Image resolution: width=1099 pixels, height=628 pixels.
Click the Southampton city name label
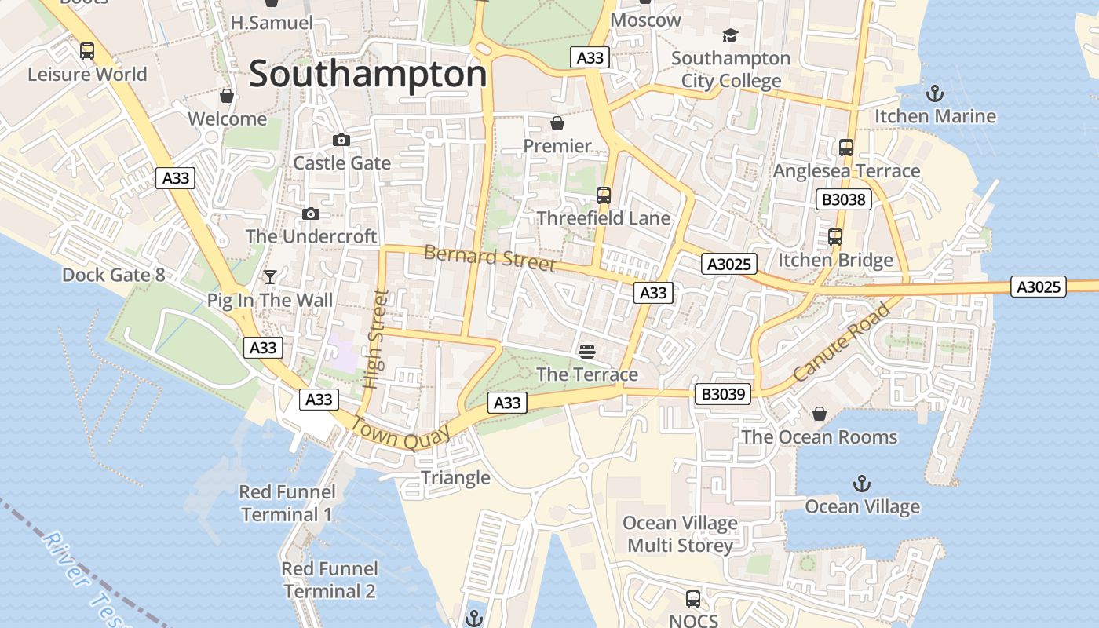[367, 75]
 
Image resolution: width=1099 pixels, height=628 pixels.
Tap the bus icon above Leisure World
[87, 51]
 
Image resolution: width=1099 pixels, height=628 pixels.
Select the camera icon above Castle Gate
[341, 140]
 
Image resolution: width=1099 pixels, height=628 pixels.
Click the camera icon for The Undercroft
[311, 214]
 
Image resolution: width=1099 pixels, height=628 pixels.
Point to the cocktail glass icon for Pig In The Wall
[270, 276]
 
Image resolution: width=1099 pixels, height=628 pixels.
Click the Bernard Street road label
[490, 257]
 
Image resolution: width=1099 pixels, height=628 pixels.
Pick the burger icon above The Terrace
[587, 351]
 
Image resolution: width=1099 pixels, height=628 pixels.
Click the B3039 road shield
[723, 394]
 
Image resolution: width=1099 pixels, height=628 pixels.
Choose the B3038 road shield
[844, 199]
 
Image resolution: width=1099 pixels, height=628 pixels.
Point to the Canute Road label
[842, 342]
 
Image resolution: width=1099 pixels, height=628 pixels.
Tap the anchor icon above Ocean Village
[862, 483]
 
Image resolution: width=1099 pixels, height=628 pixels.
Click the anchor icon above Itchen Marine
[934, 93]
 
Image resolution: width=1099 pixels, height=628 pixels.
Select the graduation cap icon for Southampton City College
[730, 35]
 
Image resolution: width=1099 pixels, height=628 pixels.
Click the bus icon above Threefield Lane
[603, 195]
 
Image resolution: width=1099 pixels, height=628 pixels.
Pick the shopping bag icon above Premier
[557, 123]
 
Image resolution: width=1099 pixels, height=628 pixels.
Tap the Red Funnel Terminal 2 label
[330, 579]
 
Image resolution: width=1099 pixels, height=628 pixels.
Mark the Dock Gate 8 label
[114, 275]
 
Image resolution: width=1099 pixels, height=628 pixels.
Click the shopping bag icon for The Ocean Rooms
[819, 413]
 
